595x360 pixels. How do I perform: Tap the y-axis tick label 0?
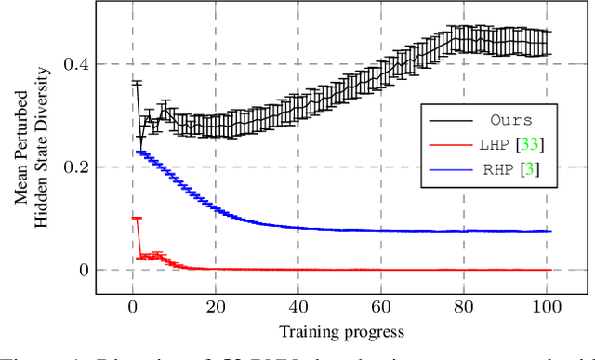(x=85, y=271)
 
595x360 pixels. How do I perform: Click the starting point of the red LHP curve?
(x=135, y=218)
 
